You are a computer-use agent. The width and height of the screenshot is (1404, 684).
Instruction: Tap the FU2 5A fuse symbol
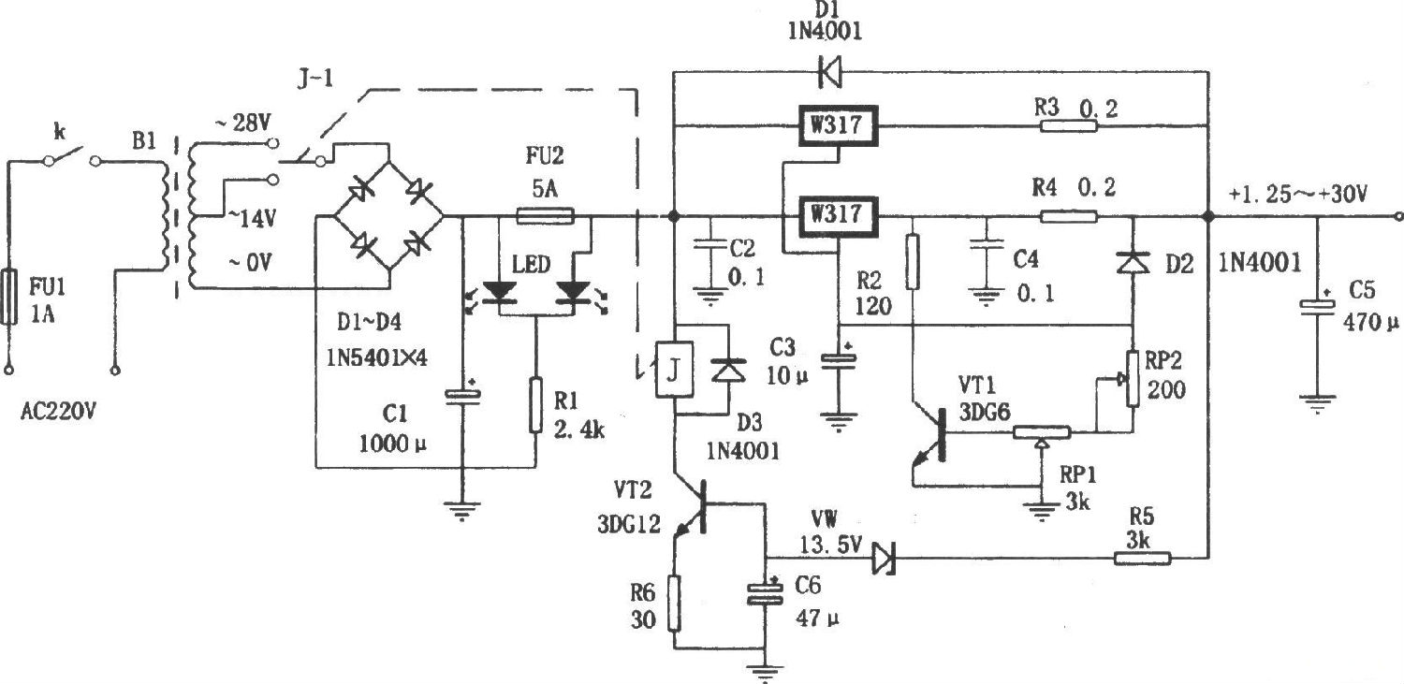(x=546, y=216)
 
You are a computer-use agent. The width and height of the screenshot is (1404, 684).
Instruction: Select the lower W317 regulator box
(x=836, y=216)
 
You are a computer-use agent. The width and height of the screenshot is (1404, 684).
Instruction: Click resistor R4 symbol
(x=1069, y=216)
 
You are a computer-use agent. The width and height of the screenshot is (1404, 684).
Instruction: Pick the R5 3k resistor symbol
(x=1142, y=559)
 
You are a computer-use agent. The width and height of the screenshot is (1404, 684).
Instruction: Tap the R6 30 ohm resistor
(x=672, y=604)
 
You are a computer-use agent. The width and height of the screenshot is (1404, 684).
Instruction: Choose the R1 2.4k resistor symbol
(x=535, y=405)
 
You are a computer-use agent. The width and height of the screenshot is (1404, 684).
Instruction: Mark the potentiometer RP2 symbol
(x=1132, y=379)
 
